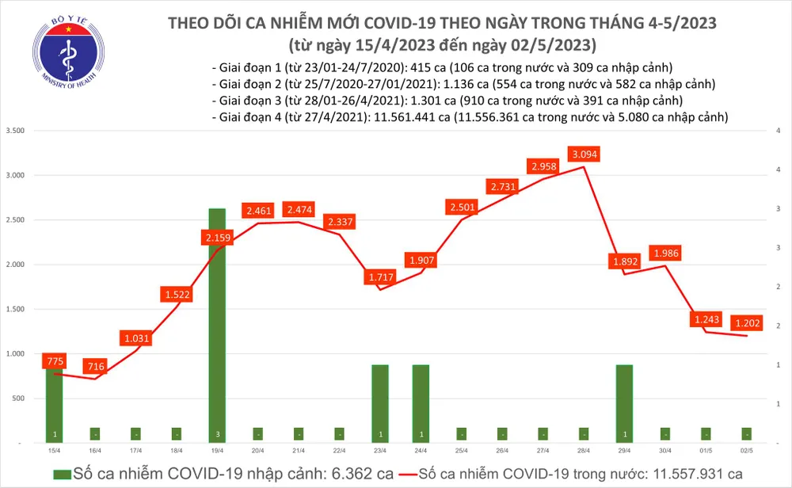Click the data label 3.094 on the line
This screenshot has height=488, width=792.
tap(583, 153)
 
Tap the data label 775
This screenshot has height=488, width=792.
tap(54, 362)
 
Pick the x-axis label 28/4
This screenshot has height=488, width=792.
tap(583, 449)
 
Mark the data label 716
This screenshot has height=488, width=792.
tap(95, 367)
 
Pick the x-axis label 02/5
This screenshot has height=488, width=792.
tap(746, 449)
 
